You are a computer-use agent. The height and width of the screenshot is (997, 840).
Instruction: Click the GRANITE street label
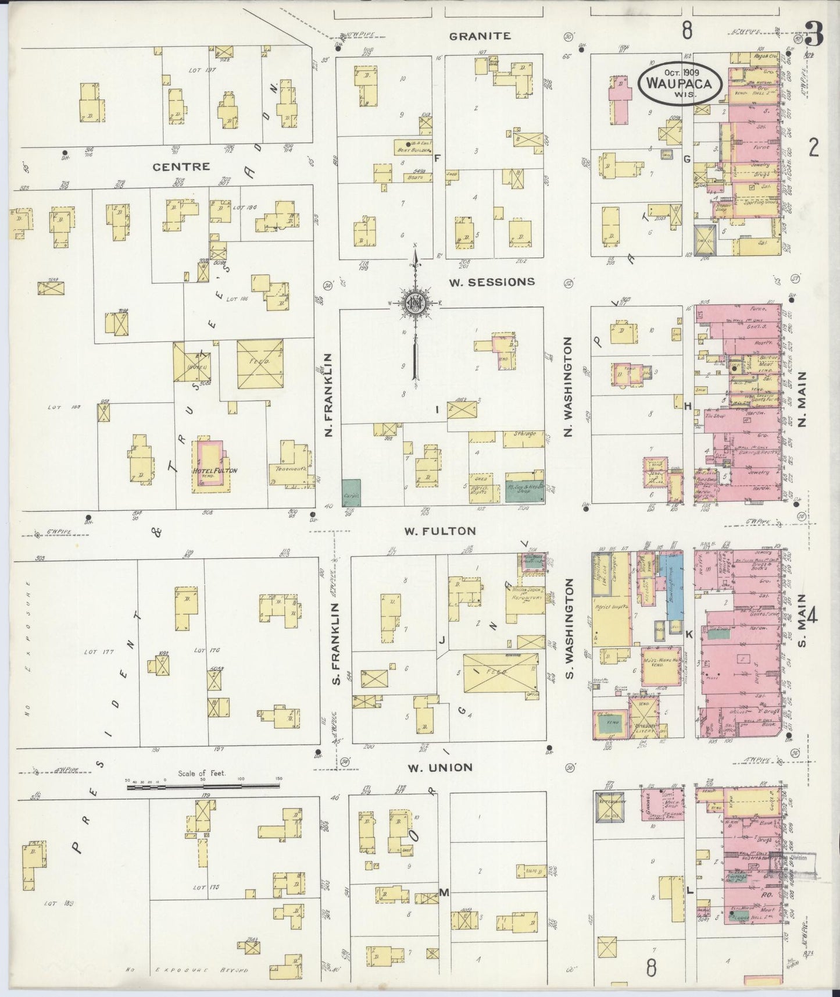coord(480,36)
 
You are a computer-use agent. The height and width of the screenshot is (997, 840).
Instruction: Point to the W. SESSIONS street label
coord(492,282)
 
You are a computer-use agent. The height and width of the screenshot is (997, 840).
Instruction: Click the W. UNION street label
coord(439,768)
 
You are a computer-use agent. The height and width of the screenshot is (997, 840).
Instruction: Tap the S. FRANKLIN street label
coord(335,643)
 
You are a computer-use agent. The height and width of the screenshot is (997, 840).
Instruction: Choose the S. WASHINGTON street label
coord(570,628)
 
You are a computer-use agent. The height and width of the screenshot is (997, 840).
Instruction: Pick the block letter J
coord(442,640)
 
